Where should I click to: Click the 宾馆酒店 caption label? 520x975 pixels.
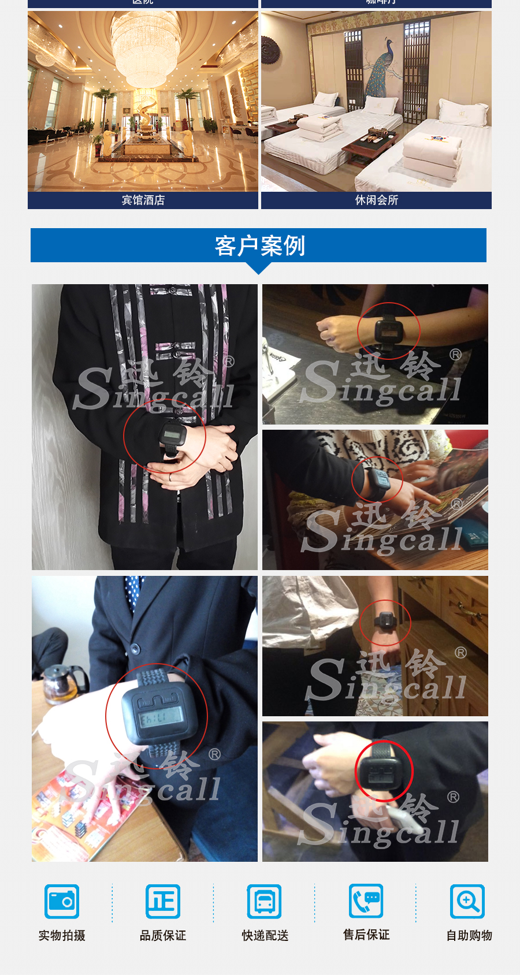[x=143, y=200]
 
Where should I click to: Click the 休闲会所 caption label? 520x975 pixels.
[x=376, y=200]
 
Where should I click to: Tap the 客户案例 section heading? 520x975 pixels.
[x=259, y=245]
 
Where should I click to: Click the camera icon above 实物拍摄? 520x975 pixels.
[x=62, y=901]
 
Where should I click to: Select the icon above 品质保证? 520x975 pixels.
[x=163, y=901]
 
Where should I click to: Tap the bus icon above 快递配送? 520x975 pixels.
[x=264, y=901]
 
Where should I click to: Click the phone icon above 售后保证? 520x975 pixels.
[x=366, y=900]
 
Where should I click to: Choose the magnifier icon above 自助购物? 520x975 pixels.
[x=467, y=901]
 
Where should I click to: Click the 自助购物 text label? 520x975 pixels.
[x=469, y=935]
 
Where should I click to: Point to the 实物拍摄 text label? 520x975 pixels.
[x=62, y=935]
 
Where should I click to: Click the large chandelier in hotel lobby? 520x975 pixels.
[x=146, y=46]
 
